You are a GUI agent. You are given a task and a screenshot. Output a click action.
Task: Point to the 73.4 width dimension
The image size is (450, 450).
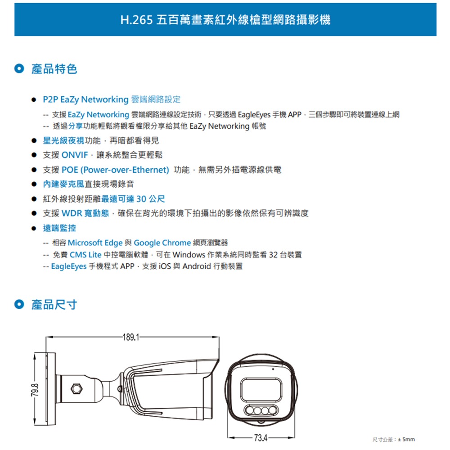point(261,437)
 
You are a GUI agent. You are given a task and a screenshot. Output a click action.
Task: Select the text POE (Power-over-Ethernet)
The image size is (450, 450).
point(115,170)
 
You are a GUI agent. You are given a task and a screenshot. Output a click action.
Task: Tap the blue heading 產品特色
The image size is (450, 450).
point(54,69)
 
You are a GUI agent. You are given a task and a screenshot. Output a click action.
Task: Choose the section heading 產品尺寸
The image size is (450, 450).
point(54,305)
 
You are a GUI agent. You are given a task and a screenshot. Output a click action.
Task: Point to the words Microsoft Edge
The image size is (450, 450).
point(95,243)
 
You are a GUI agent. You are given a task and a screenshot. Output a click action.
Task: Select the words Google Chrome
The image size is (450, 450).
point(162,243)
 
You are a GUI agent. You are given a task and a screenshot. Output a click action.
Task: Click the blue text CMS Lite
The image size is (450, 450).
point(85,255)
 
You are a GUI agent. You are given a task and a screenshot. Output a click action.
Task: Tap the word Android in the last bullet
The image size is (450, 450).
point(196,266)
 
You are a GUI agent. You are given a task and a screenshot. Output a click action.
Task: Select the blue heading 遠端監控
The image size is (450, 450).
point(59,228)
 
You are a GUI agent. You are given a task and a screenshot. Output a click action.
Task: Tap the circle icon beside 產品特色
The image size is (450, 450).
point(18,69)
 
